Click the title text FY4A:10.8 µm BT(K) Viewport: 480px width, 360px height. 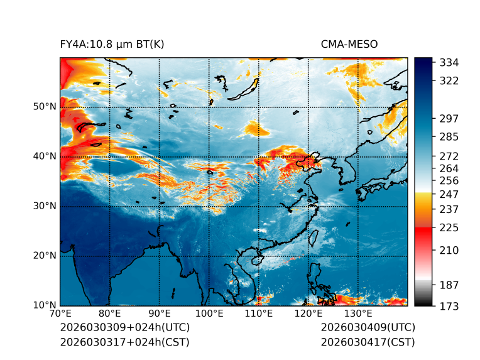[x=112, y=44]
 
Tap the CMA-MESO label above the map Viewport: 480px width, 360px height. [x=349, y=44]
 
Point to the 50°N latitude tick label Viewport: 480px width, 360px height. [x=44, y=107]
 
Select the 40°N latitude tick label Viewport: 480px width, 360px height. [x=44, y=156]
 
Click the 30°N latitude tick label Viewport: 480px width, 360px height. [x=44, y=206]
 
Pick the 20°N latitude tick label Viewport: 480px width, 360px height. [x=44, y=256]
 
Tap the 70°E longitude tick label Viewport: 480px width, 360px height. [x=60, y=314]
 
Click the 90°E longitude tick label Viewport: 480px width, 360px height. [x=160, y=314]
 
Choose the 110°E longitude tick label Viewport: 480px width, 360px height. [x=258, y=314]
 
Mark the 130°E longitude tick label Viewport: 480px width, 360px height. [x=357, y=314]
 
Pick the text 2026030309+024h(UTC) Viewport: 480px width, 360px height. [x=124, y=328]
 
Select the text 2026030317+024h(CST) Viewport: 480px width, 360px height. [x=124, y=342]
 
